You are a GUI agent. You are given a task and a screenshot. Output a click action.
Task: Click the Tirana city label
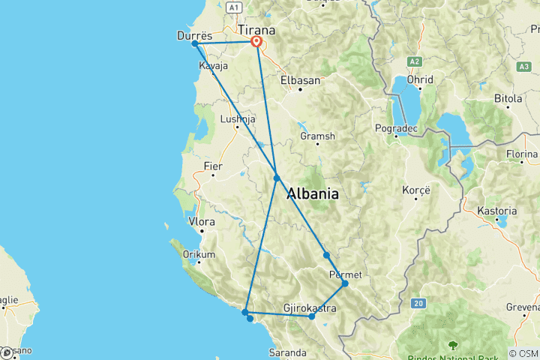point(256,30)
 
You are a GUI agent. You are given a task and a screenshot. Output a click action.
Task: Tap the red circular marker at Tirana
point(256,42)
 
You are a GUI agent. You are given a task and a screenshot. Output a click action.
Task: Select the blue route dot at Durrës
point(195,43)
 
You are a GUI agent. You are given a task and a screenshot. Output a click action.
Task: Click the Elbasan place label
point(300,79)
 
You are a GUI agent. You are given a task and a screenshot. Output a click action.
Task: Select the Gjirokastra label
point(309,307)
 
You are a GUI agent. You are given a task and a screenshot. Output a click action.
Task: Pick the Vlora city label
point(202,222)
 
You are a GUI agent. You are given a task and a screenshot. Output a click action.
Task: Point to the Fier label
point(213,166)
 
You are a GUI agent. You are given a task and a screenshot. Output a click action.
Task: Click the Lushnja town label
point(238,118)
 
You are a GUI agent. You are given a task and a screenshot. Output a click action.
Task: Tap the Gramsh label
point(316,136)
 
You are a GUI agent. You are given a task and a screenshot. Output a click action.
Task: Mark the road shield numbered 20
point(418,303)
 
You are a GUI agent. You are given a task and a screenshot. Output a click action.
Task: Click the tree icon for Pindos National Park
point(452,345)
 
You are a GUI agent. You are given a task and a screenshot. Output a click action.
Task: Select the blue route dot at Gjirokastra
point(312,316)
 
